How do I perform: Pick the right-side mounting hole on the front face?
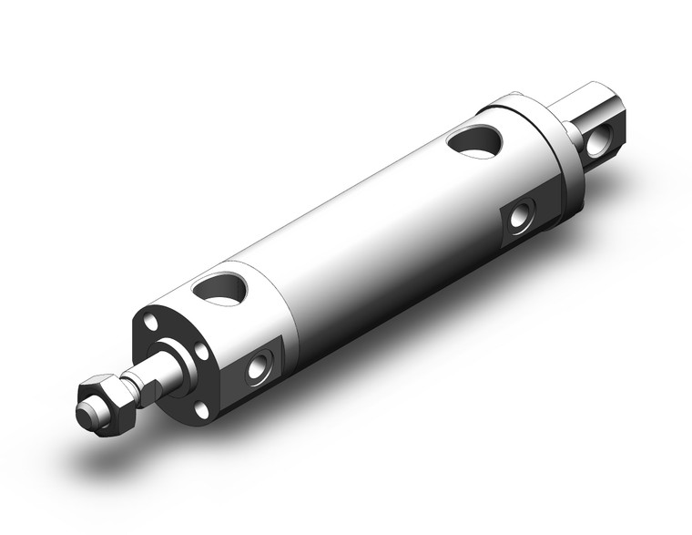click(202, 351)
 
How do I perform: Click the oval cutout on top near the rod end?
click(220, 289)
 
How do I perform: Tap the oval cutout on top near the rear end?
click(474, 140)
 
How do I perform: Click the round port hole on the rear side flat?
click(520, 217)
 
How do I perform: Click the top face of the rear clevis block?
click(596, 96)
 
